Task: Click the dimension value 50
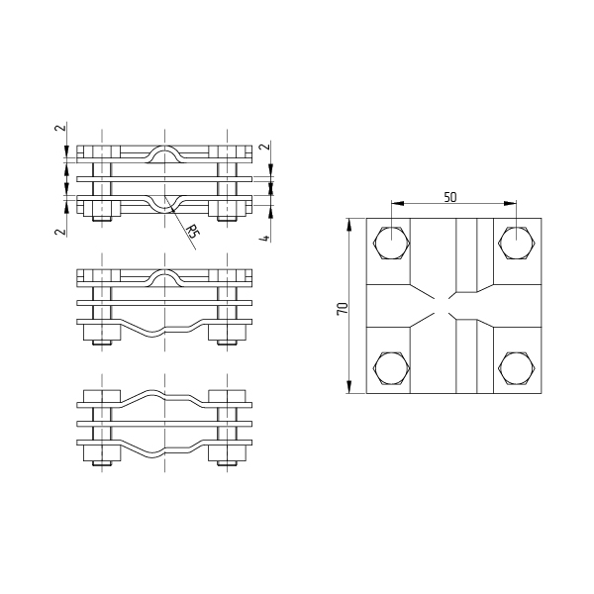click(x=450, y=197)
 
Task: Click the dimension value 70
click(x=343, y=308)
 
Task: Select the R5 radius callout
click(x=193, y=231)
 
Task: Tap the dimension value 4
click(x=265, y=239)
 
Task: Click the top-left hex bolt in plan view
click(x=392, y=243)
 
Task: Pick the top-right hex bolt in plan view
click(x=517, y=243)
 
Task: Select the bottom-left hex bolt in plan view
click(x=392, y=368)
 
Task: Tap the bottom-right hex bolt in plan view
click(x=517, y=368)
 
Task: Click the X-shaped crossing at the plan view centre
click(x=443, y=306)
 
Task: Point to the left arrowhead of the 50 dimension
click(x=396, y=204)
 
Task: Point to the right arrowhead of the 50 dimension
click(x=512, y=204)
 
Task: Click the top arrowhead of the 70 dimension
click(x=348, y=225)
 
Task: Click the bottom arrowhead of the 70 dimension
click(x=348, y=387)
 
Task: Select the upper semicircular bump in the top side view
click(x=164, y=154)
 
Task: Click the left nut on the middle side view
click(x=102, y=333)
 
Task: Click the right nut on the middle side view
click(x=228, y=333)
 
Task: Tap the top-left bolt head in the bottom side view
click(x=102, y=396)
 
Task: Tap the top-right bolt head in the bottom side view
click(x=228, y=396)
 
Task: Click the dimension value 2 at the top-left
click(x=60, y=128)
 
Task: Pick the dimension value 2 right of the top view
click(x=265, y=146)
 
